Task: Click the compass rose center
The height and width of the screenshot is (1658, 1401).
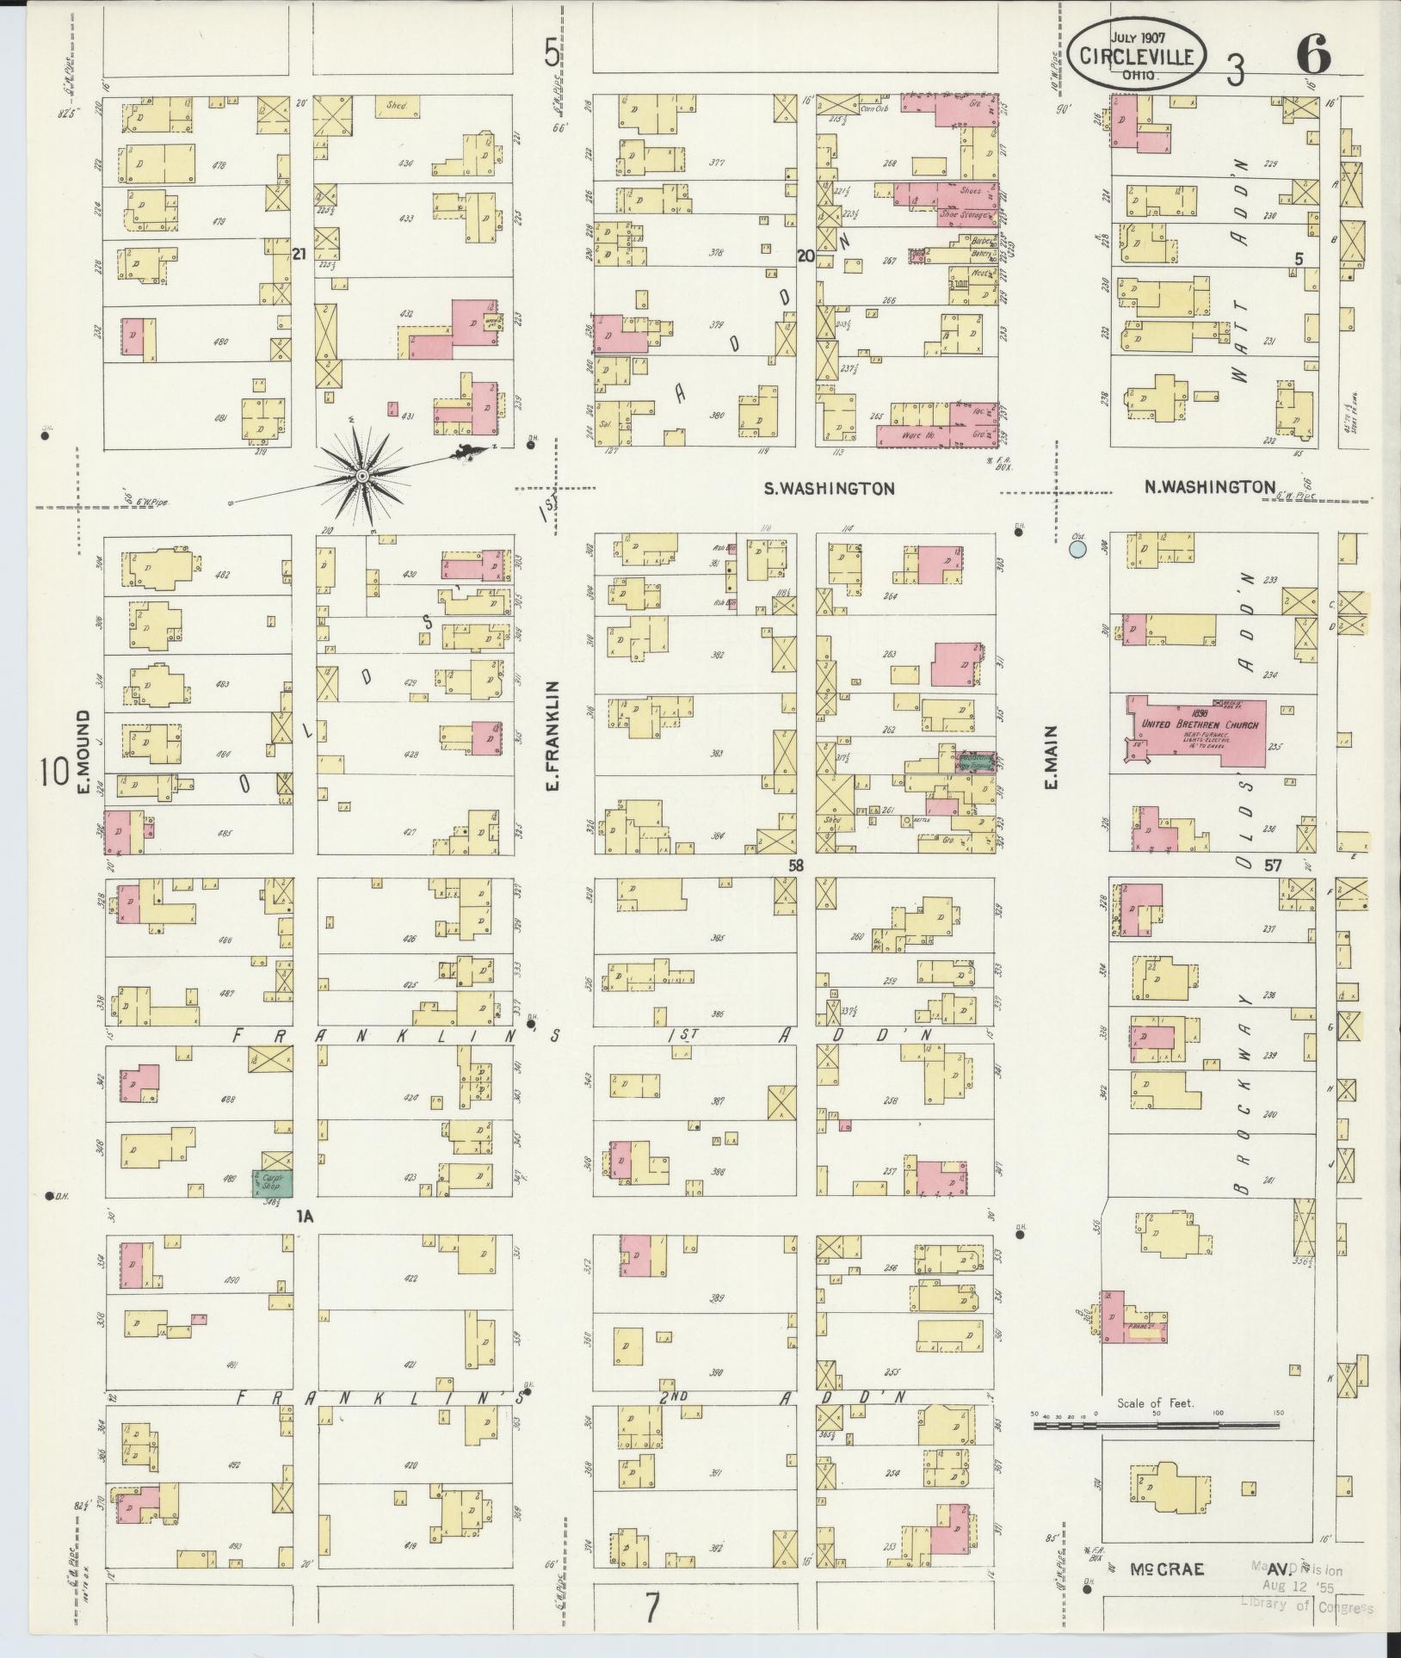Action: coord(362,476)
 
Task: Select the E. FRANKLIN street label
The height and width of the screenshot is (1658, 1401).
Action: coord(553,737)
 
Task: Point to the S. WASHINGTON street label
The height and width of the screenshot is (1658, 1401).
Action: coord(830,488)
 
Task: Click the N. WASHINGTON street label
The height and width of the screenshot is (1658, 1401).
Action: coord(1209,487)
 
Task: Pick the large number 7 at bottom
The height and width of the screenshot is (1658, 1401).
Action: coord(652,1606)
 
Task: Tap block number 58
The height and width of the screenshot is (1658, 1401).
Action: coord(796,866)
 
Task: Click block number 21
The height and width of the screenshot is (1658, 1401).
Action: coord(299,254)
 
